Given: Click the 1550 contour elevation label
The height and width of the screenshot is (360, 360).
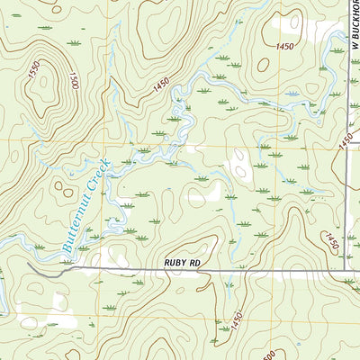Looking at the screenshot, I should click(x=35, y=80).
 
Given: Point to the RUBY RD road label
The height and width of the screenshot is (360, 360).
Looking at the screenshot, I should click(x=185, y=263).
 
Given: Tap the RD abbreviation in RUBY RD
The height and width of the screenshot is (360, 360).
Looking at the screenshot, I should click(x=202, y=263).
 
